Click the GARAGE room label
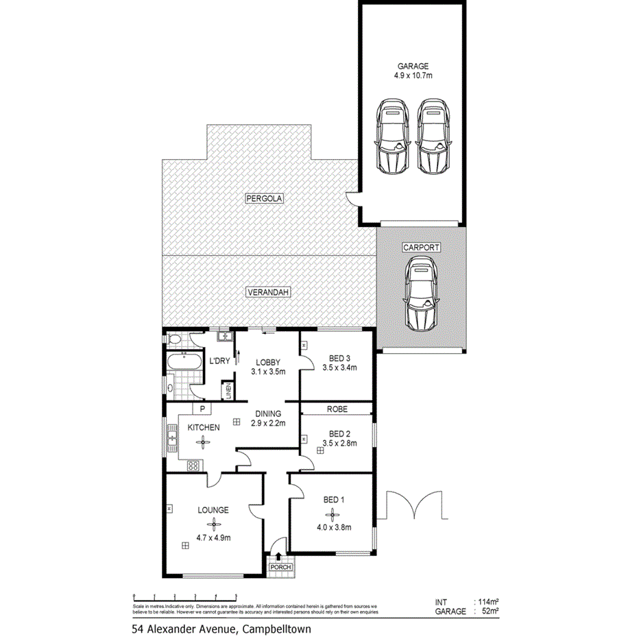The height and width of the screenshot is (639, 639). [x=412, y=67]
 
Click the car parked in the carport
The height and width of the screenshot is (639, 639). [x=422, y=293]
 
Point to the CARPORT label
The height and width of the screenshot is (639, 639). [x=422, y=248]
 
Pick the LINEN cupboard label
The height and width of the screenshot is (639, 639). [x=228, y=391]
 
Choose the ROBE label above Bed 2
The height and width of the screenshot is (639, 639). [x=337, y=409]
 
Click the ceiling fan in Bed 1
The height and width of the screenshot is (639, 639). [x=333, y=511]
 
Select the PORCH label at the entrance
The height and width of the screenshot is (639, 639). [x=280, y=567]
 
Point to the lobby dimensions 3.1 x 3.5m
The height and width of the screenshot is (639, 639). [x=267, y=372]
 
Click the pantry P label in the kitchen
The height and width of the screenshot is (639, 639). [x=203, y=409]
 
